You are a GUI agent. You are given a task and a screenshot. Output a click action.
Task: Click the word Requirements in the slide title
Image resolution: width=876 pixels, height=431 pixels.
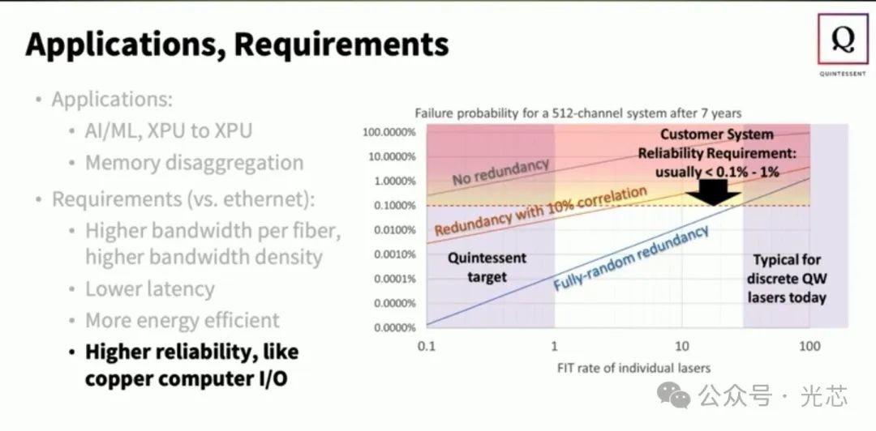[340, 43]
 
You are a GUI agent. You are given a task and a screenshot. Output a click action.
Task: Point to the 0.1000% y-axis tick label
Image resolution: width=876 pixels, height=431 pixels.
[389, 205]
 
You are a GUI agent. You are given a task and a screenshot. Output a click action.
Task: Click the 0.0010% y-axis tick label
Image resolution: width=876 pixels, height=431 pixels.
[389, 254]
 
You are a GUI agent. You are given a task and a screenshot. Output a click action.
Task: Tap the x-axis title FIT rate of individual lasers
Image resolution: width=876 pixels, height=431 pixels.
[633, 368]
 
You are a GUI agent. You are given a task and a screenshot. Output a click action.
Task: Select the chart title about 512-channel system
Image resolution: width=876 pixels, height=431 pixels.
[578, 113]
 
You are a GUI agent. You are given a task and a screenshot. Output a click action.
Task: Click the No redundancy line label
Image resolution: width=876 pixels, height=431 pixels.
[500, 171]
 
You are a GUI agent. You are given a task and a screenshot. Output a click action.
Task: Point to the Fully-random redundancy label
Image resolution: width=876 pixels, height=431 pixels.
[631, 258]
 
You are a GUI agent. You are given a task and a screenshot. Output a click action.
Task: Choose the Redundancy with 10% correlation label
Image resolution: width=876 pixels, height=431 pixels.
[540, 211]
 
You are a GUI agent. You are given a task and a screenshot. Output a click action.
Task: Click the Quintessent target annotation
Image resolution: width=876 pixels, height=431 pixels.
[487, 267]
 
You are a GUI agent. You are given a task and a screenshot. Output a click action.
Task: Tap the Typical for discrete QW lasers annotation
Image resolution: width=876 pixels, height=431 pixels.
[786, 279]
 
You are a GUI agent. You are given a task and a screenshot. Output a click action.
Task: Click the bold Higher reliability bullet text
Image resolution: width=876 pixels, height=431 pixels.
[191, 365]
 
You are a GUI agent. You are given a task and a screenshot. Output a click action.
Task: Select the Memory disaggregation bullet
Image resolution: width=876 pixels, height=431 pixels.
[194, 162]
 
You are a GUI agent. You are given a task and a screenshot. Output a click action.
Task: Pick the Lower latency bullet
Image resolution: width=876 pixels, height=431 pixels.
[150, 289]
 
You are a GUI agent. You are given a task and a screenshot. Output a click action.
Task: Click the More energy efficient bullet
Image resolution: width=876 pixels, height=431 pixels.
[182, 320]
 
